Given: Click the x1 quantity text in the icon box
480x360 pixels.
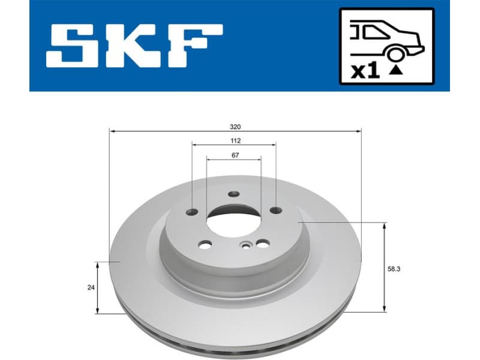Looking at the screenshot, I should coord(365,71).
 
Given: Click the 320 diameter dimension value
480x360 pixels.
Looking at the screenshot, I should coord(235,127).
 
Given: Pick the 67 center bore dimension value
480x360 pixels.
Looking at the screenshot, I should coord(235,155).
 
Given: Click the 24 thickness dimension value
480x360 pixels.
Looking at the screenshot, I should coord(91,287).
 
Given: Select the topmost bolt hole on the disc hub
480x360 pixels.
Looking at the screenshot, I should coord(234,194).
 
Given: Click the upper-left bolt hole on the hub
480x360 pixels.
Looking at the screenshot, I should coord(192,211).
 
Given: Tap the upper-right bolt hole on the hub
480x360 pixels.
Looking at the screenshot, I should coord(275,210).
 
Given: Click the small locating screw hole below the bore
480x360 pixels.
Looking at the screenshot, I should coord(246,245).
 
